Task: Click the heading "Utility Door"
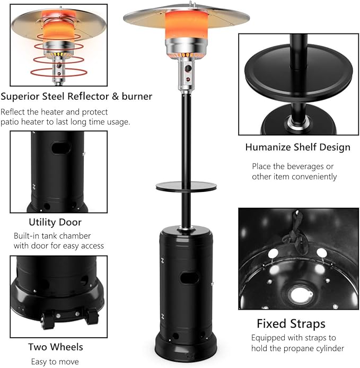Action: coord(55,222)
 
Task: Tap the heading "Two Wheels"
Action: coord(56,347)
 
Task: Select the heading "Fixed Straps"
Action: coord(291,324)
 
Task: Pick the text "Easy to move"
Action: coord(55,362)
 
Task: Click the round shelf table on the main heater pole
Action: coord(186,186)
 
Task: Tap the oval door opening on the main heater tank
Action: coord(189,278)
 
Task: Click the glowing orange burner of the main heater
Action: coord(186,25)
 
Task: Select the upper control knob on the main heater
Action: coord(188,69)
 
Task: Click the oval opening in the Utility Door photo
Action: coord(61,148)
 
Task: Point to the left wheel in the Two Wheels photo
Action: coord(47,320)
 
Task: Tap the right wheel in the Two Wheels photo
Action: coord(92,317)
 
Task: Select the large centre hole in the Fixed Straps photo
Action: coord(301,295)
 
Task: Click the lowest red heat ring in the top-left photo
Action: coord(59,72)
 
